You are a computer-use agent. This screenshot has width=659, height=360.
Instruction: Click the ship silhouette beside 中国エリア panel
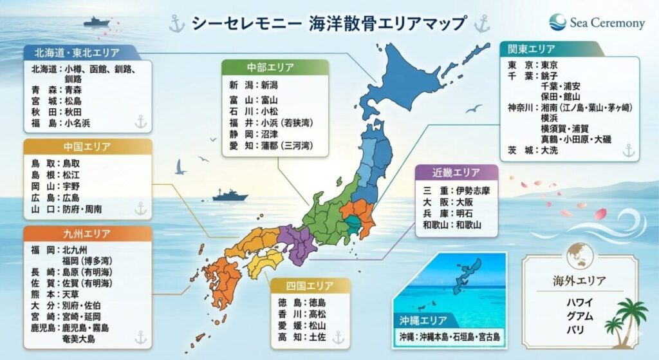[x=230, y=194]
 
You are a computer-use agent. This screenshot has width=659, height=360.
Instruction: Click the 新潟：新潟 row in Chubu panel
[x=254, y=84]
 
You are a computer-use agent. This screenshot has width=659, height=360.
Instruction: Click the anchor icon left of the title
[x=176, y=24]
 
